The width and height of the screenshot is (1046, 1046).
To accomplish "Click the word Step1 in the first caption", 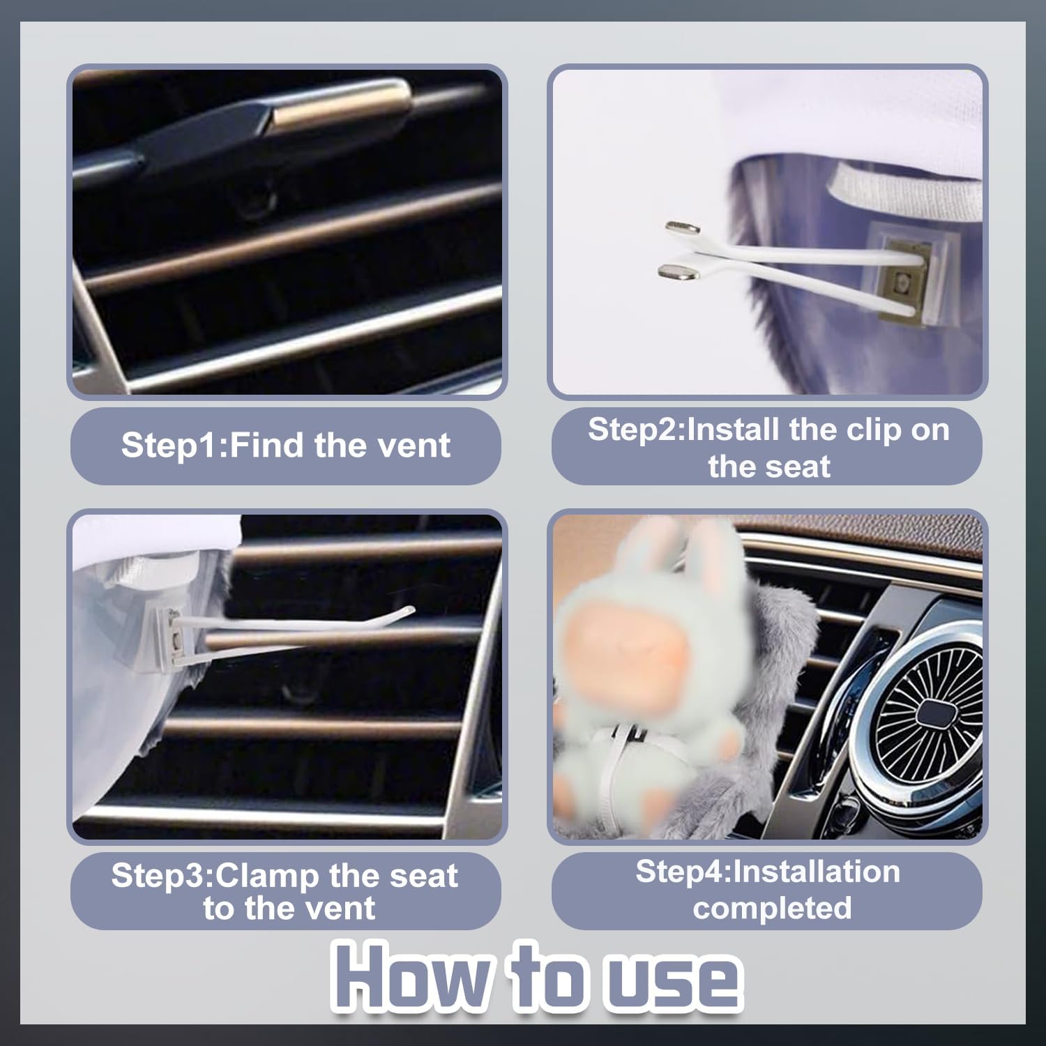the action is click(170, 445).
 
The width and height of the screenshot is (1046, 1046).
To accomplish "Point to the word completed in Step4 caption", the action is click(772, 907).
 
